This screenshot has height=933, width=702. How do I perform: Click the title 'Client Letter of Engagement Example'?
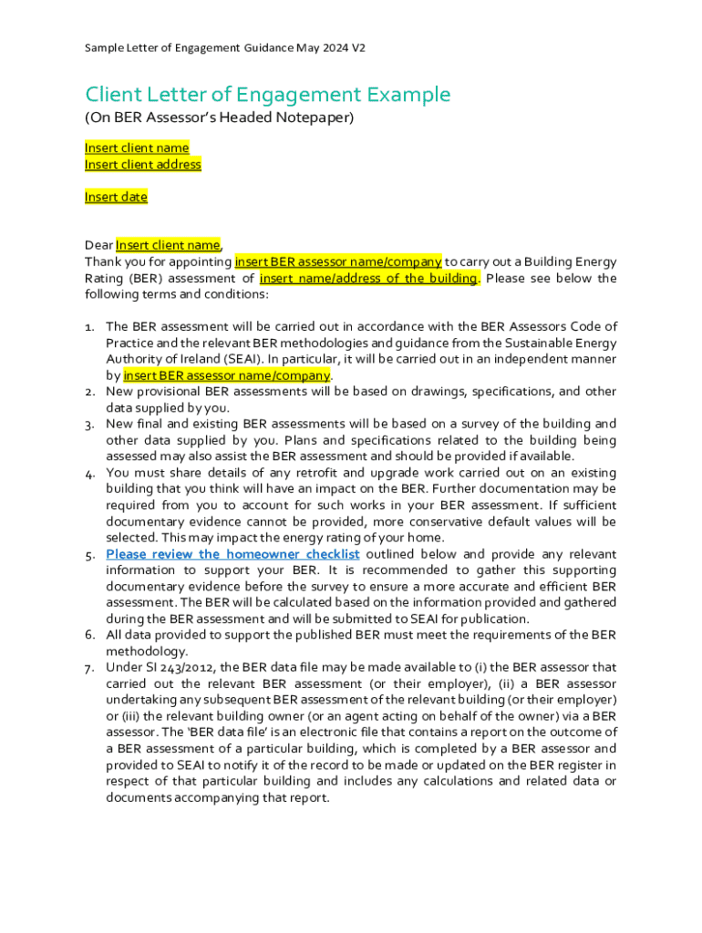click(x=267, y=95)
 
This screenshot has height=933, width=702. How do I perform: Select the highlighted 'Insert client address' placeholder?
click(x=143, y=165)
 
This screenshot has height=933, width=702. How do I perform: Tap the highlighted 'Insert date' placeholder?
click(x=116, y=197)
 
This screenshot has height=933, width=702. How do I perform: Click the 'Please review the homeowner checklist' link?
click(x=232, y=554)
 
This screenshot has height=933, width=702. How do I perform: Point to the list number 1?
click(x=89, y=327)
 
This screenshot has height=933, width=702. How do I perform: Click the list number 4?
click(x=90, y=474)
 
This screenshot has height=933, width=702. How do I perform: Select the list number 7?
click(x=90, y=669)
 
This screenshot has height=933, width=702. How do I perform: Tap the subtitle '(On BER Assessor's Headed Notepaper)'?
click(x=219, y=118)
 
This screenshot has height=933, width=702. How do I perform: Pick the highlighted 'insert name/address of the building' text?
click(x=368, y=278)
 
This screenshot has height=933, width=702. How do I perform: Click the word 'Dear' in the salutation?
click(x=98, y=245)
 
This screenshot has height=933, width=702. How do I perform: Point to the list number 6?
click(x=90, y=635)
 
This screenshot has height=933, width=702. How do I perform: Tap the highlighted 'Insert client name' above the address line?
click(x=137, y=148)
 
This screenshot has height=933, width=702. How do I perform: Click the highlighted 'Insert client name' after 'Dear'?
click(x=168, y=245)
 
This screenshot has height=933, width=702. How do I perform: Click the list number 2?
click(x=90, y=392)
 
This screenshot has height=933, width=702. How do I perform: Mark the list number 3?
click(x=90, y=425)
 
